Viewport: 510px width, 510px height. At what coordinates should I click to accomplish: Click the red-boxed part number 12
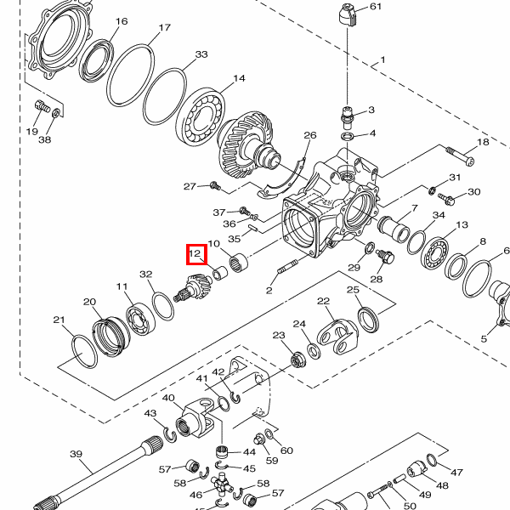(195, 253)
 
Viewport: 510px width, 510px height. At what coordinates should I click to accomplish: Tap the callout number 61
(376, 6)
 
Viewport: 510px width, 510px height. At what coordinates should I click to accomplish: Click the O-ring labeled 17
(130, 76)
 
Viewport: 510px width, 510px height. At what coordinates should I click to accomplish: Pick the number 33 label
(201, 54)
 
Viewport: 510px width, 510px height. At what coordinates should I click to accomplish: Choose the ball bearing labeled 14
(201, 116)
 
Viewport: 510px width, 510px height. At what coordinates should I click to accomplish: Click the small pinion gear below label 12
(193, 287)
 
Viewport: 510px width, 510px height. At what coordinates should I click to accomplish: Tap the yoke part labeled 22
(337, 336)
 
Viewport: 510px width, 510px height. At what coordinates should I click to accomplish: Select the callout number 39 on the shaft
(76, 453)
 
